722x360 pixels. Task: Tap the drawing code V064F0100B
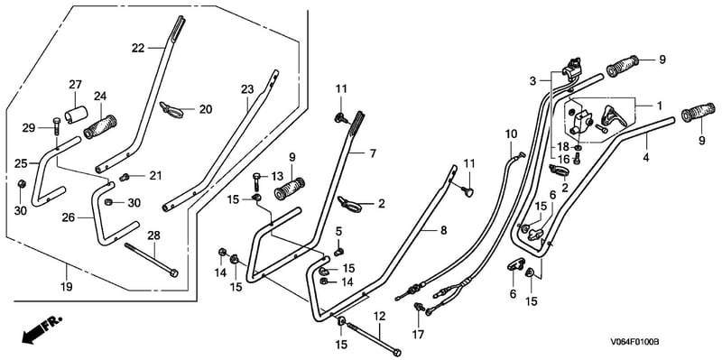pos(635,342)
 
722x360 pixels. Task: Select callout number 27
pos(75,85)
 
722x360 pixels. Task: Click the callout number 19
pos(66,287)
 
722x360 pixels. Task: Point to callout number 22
pos(138,48)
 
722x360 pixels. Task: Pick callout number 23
pos(247,89)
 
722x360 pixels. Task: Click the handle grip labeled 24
pos(100,126)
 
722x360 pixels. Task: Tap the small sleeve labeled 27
pos(76,115)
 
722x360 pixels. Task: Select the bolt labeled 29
pos(56,125)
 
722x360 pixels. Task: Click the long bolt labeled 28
pos(151,259)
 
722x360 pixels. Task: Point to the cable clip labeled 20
pos(171,109)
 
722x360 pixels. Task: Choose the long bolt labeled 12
pos(373,339)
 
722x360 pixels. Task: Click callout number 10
pos(511,134)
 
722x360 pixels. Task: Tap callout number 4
pos(646,157)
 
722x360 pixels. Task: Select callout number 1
pos(659,106)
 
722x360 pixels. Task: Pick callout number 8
pos(443,231)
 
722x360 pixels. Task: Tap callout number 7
pos(373,152)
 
